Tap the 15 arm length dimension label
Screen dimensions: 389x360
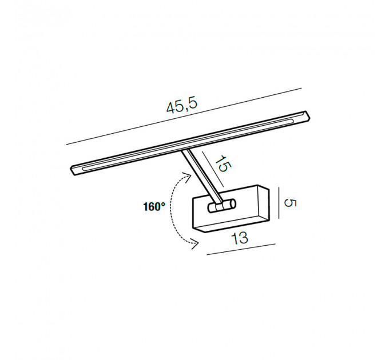click(x=223, y=163)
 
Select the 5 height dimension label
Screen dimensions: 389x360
click(x=290, y=203)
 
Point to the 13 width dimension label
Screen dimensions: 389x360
click(x=240, y=238)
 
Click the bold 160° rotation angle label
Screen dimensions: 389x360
click(x=154, y=206)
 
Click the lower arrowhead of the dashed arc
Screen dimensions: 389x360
click(x=194, y=245)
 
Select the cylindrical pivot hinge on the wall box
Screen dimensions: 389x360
click(x=221, y=206)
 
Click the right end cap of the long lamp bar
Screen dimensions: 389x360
click(x=308, y=117)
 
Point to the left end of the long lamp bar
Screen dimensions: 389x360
click(x=73, y=170)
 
